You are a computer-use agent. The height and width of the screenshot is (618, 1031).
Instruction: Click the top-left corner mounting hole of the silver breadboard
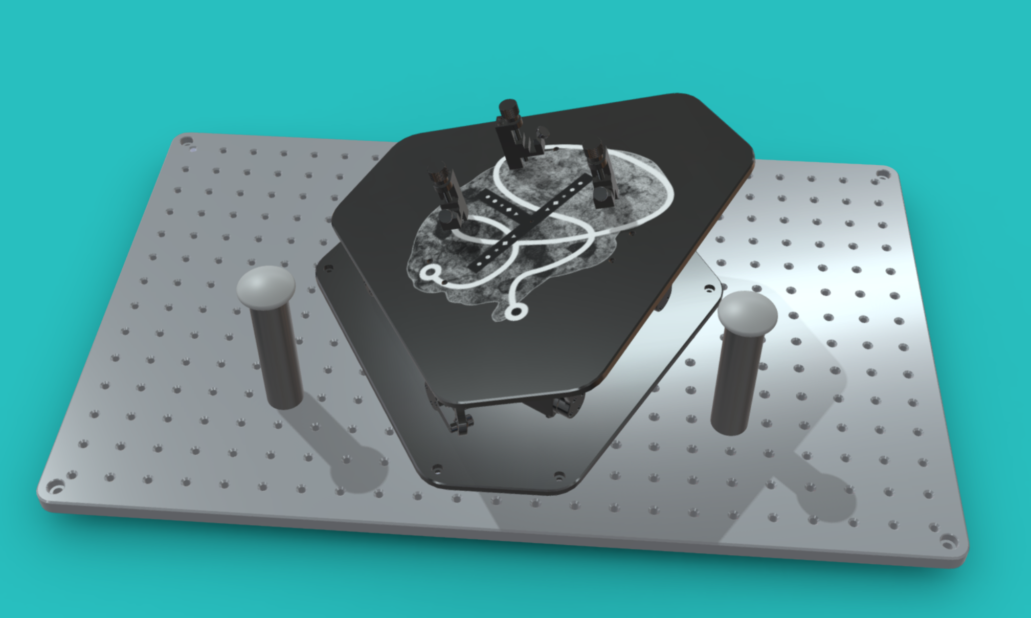coord(187,140)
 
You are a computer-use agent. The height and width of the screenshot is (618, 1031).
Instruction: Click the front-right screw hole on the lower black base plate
coord(558,476)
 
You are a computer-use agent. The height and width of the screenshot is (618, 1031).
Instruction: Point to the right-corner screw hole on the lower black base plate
coord(708,290)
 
